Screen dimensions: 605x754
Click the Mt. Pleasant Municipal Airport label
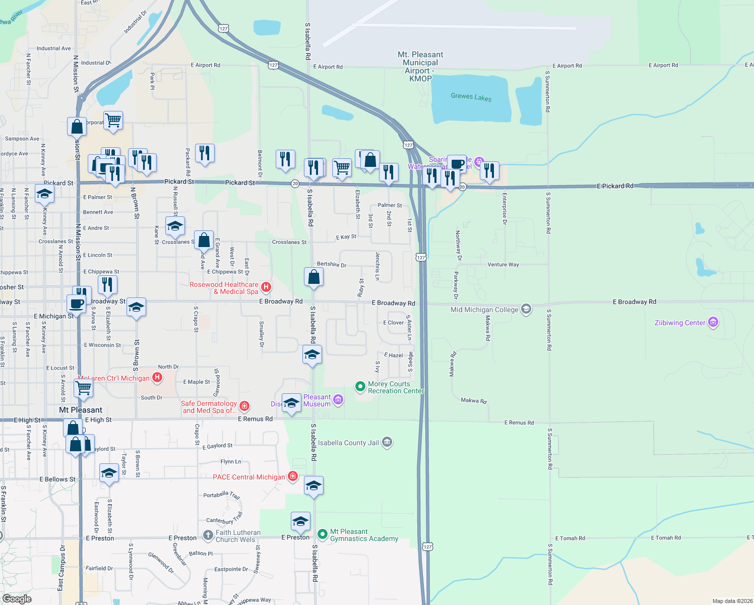click(x=420, y=66)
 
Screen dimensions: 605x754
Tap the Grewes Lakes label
click(x=471, y=97)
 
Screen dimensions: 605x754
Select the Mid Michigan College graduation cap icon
click(x=526, y=309)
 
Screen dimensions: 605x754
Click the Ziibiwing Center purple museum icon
click(x=713, y=322)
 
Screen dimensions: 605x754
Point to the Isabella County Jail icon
click(x=387, y=442)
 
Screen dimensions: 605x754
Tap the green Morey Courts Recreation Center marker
click(x=360, y=387)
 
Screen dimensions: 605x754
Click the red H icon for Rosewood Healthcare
click(x=266, y=287)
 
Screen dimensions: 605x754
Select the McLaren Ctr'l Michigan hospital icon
click(x=157, y=377)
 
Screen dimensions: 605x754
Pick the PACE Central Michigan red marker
click(x=292, y=476)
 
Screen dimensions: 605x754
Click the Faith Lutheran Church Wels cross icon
click(x=208, y=535)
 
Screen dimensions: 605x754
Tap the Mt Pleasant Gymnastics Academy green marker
click(x=323, y=534)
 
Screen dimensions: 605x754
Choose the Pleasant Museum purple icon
click(x=338, y=400)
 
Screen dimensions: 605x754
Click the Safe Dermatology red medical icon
click(x=244, y=406)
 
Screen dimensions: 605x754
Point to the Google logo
click(x=17, y=598)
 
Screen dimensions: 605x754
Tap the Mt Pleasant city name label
click(x=81, y=410)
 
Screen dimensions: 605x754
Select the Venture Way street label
click(x=503, y=265)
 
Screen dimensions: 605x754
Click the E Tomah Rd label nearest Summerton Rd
click(x=570, y=538)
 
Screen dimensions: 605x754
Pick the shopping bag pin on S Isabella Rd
click(x=313, y=277)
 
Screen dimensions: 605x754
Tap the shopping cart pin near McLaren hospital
click(x=84, y=388)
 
